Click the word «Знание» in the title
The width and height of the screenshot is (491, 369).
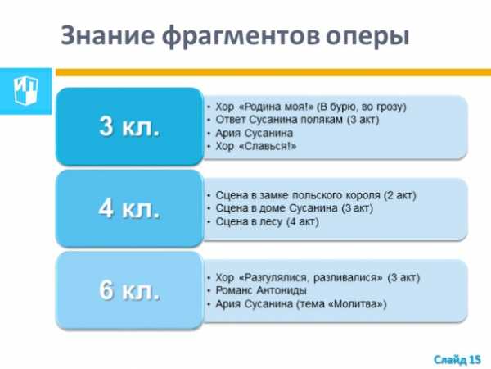point(107,35)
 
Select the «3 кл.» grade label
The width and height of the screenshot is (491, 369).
point(129,126)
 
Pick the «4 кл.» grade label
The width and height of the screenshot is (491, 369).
point(129,208)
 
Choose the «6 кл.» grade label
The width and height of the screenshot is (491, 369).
point(129,290)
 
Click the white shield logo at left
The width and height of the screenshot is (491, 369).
point(25,90)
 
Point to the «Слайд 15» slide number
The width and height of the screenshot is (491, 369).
point(457,359)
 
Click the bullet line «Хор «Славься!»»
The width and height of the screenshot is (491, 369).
point(256,146)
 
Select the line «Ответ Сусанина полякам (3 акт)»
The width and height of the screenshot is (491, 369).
point(297,120)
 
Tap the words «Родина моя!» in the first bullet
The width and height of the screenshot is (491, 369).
point(277,107)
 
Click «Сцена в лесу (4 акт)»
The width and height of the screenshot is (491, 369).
point(267,221)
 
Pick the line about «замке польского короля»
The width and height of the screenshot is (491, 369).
point(316,195)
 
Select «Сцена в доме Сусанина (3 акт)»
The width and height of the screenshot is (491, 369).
point(294,208)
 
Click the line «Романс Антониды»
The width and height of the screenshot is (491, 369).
point(261,290)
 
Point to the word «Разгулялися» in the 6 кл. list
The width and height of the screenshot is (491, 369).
point(276,278)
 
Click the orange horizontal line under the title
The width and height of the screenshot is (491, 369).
point(273,72)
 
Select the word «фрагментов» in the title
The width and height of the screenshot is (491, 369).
point(241,36)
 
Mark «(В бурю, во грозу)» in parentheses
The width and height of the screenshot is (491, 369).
point(362,107)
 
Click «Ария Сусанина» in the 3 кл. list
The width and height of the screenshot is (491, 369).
point(254,133)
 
